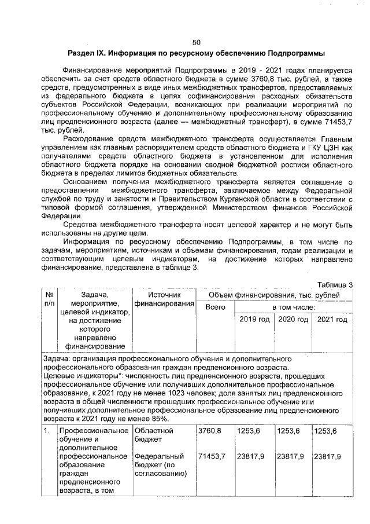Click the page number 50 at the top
click(x=196, y=42)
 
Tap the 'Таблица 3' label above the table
click(x=335, y=284)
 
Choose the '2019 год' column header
click(x=254, y=320)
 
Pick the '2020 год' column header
click(x=293, y=320)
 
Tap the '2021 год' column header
click(x=332, y=320)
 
